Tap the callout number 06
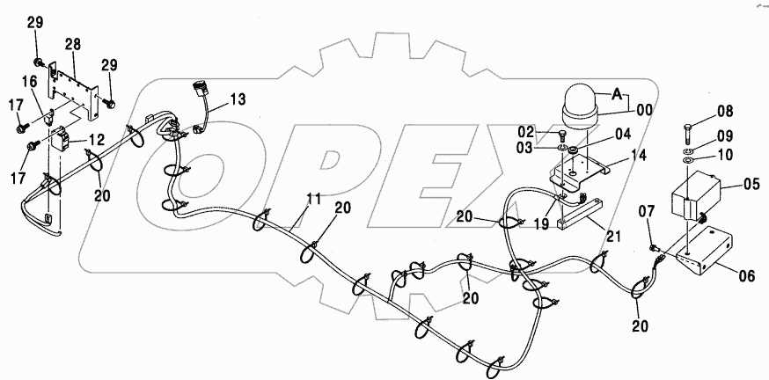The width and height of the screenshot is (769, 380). pyautogui.click(x=746, y=275)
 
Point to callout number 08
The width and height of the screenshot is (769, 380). pyautogui.click(x=724, y=112)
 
